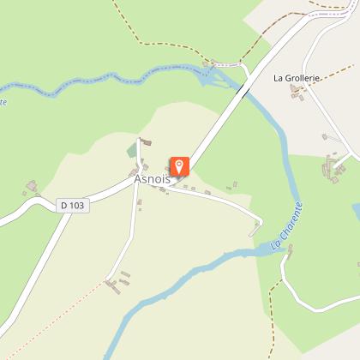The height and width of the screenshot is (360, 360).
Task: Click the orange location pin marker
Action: point(179,166)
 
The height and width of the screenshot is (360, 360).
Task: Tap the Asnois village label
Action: point(153,179)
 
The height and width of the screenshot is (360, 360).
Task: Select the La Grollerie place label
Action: point(296,78)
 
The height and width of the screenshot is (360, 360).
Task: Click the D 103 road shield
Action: point(74,206)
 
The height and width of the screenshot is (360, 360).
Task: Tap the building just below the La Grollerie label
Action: point(297,91)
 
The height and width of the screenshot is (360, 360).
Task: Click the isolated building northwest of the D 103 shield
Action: point(33,186)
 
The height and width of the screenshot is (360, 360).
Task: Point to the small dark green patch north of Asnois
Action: point(131,151)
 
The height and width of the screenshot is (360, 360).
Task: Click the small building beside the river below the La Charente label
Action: point(290,249)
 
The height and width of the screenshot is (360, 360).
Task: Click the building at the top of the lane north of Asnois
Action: point(145,141)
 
